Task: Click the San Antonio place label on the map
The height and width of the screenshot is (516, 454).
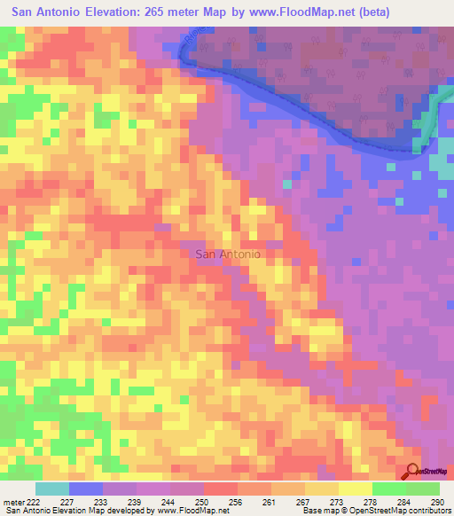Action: [227, 254]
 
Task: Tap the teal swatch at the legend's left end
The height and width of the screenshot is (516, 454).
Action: [52, 489]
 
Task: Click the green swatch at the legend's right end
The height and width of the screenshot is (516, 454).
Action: [423, 489]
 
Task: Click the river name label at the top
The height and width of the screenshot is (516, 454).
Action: [185, 41]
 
